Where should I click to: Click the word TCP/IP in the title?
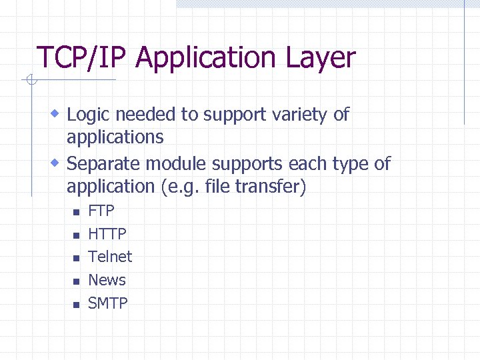point(83,59)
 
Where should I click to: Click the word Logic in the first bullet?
point(89,115)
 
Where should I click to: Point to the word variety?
point(301,115)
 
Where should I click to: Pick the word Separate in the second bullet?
point(104,163)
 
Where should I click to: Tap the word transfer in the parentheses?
point(270,187)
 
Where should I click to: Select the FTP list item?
point(101,211)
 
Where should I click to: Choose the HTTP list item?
point(107,234)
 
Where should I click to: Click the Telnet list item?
point(110,257)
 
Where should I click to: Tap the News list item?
point(107,280)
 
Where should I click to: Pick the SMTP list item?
point(108,303)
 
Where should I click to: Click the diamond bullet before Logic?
point(57,114)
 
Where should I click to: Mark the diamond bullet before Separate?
point(57,163)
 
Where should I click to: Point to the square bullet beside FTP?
point(76,213)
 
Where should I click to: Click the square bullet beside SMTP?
point(76,305)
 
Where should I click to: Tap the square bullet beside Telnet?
point(76,259)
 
